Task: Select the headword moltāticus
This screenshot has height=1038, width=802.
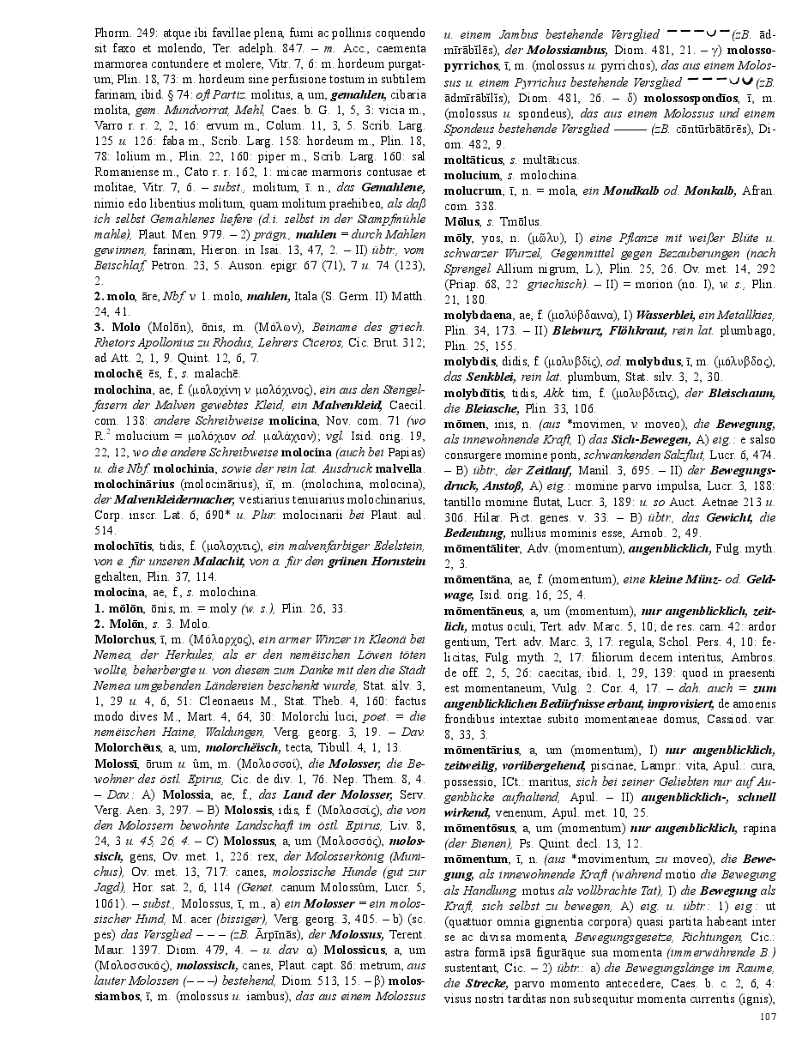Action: (474, 160)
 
